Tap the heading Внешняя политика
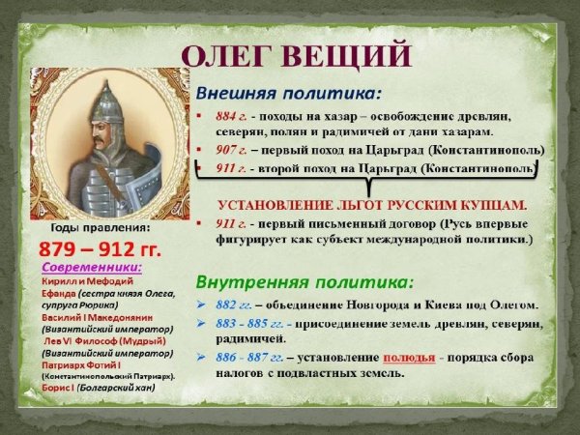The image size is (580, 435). (x=288, y=95)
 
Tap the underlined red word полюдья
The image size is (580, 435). (x=408, y=357)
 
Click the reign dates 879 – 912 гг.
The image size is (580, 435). (x=103, y=247)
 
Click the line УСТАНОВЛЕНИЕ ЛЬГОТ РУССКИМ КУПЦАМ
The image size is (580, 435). (x=371, y=205)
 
